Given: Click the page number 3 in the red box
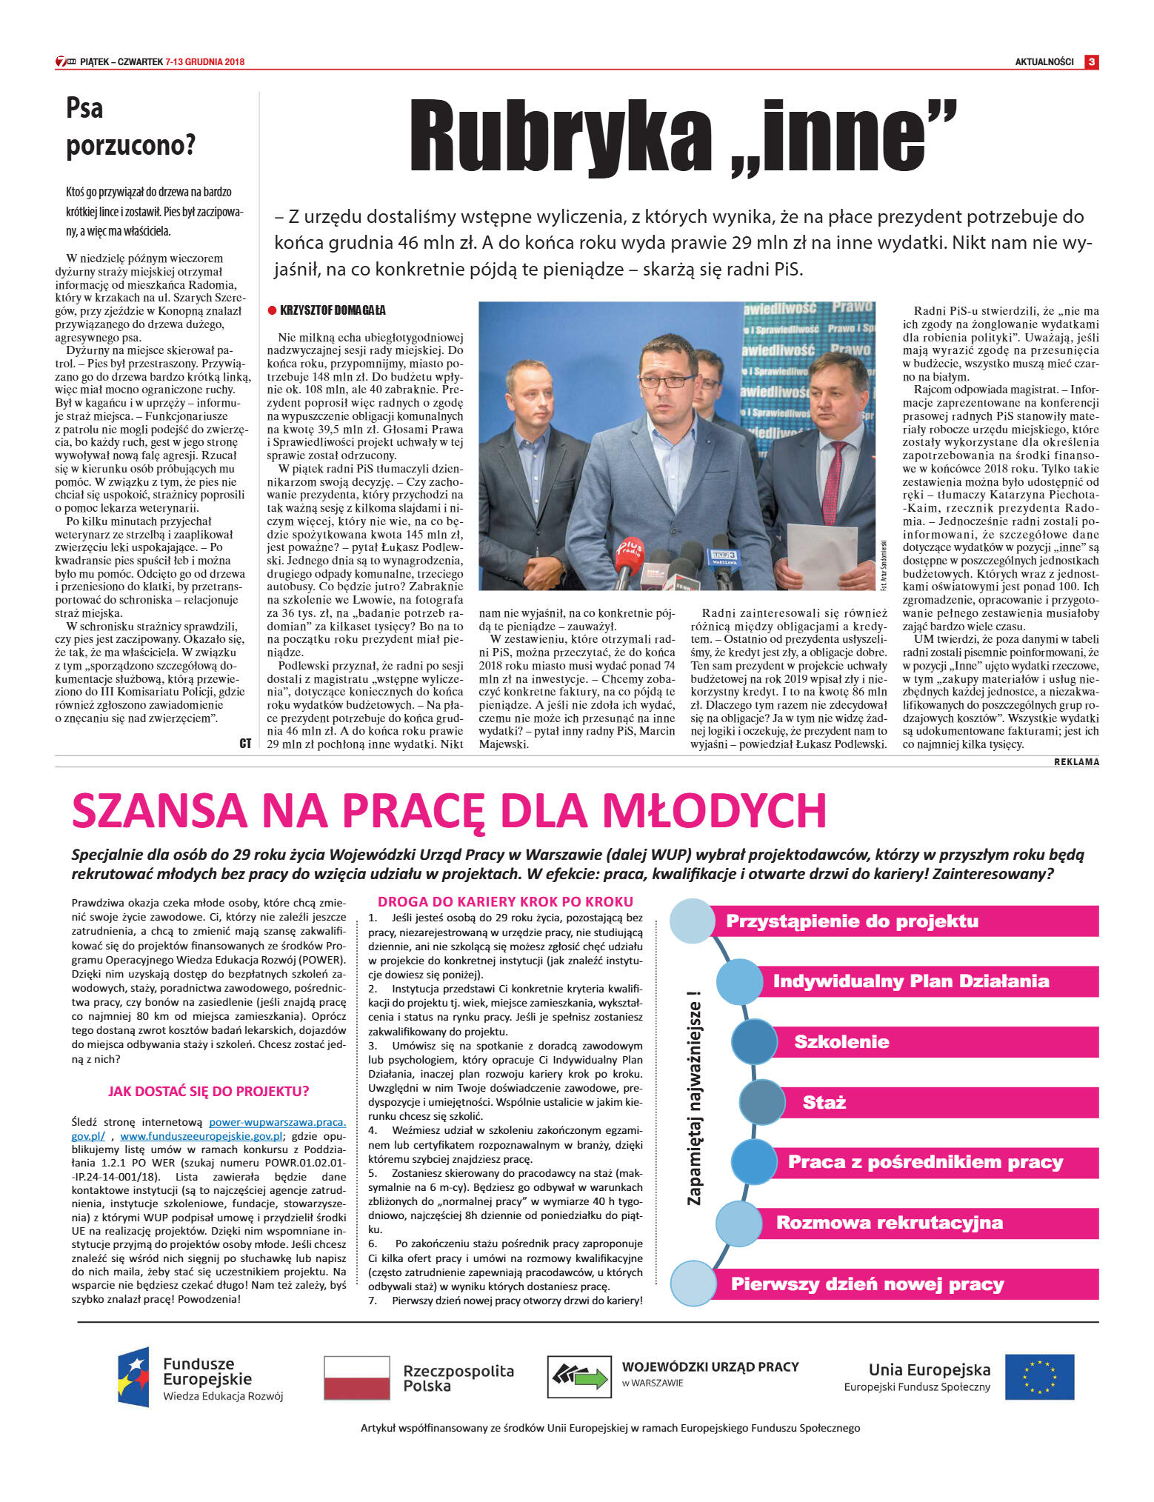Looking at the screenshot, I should (x=1091, y=62).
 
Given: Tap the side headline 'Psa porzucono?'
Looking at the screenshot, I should (x=130, y=127).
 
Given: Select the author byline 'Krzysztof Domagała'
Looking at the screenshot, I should (x=333, y=310).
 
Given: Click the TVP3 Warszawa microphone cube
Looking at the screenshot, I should (x=724, y=557).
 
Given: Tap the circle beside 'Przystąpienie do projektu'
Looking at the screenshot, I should (x=692, y=921).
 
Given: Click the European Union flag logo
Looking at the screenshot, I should (x=1038, y=1377).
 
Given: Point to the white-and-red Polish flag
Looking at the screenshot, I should (x=357, y=1377).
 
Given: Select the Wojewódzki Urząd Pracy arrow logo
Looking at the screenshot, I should (x=578, y=1377).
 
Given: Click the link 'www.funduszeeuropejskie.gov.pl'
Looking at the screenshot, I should (x=201, y=1136).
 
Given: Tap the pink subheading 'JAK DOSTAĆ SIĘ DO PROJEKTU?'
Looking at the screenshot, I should (x=208, y=1091).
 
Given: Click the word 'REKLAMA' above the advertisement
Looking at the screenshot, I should (x=1075, y=762).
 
